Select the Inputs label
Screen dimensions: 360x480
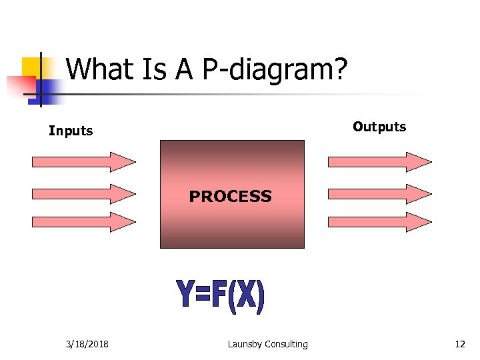71,131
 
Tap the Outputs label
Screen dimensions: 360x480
379,127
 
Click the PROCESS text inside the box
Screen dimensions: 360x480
230,196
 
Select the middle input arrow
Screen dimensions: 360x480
83,193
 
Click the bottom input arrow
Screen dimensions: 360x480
83,222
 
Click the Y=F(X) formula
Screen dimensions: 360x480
220,297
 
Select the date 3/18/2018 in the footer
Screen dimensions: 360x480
88,344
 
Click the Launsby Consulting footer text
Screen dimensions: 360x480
267,344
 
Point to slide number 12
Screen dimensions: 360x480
459,344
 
